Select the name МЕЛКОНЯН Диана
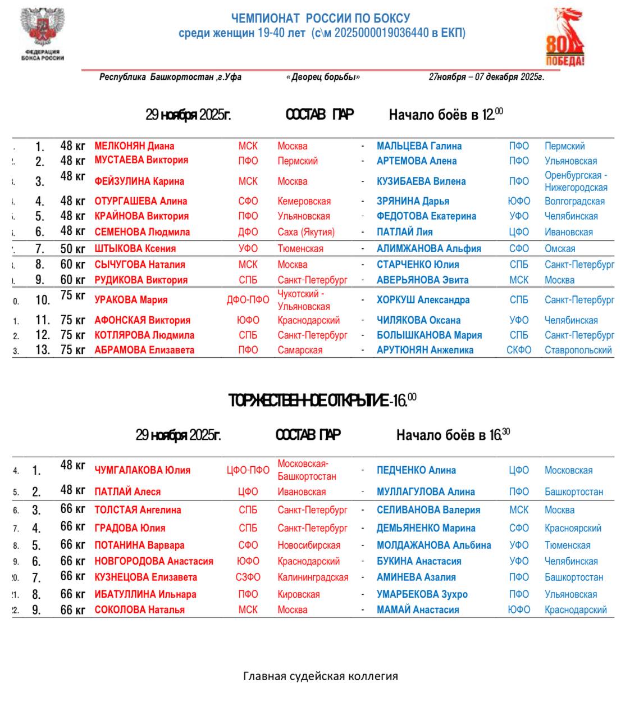[134, 146]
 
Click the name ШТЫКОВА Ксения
[135, 248]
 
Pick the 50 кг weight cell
[72, 248]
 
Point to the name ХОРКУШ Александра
[423, 300]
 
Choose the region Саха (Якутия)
[306, 232]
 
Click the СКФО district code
[518, 350]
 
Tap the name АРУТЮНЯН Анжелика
[424, 350]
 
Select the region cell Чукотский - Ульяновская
[304, 300]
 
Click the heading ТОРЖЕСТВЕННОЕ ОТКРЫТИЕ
[322, 401]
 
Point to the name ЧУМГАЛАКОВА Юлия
[142, 470]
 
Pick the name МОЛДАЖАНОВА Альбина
[433, 545]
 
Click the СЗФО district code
[248, 577]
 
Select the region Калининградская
[313, 577]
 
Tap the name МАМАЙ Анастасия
[418, 609]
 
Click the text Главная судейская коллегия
[320, 676]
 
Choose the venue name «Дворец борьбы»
[323, 77]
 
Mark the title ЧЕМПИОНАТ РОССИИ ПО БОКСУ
[321, 19]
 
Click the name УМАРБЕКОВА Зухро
[422, 594]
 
